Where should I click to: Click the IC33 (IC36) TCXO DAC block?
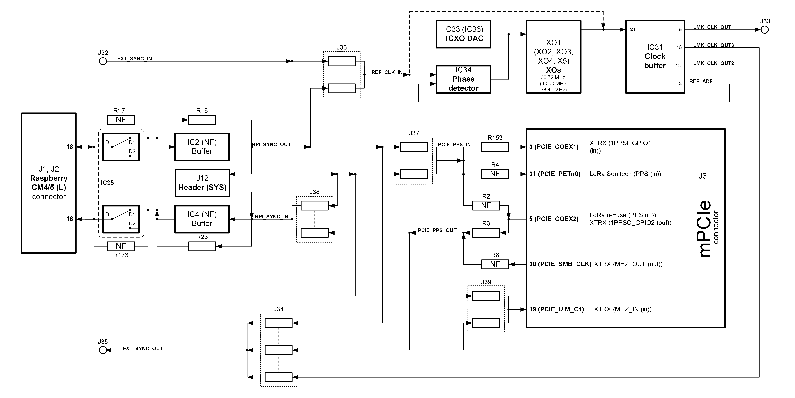[463, 34]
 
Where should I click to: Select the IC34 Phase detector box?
[463, 79]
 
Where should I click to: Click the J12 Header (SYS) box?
[202, 183]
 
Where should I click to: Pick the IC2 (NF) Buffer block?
[202, 147]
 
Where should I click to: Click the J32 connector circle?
[103, 61]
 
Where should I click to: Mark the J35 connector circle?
[103, 350]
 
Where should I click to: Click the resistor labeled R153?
[495, 147]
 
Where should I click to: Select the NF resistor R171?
[121, 120]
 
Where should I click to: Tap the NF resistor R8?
[495, 264]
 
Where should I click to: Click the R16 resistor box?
[202, 120]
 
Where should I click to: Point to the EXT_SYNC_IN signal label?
[135, 59]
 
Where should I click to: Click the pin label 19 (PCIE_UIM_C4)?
[556, 309]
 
